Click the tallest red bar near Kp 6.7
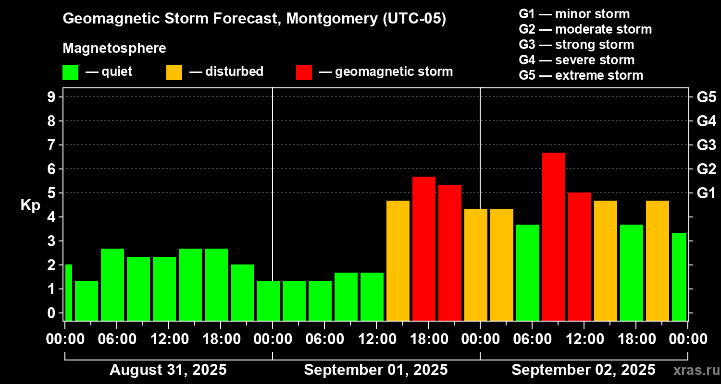click(553, 235)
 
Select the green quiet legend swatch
click(70, 72)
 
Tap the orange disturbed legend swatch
click(174, 72)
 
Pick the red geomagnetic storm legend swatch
click(304, 72)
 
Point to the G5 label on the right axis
click(706, 97)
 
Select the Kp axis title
click(30, 205)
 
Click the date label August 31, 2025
click(168, 370)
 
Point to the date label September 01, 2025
click(376, 370)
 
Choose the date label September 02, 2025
click(583, 370)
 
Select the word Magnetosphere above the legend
click(114, 48)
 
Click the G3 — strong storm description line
click(576, 45)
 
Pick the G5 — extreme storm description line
click(581, 75)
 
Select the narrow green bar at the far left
click(68, 292)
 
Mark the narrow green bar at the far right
click(679, 276)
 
